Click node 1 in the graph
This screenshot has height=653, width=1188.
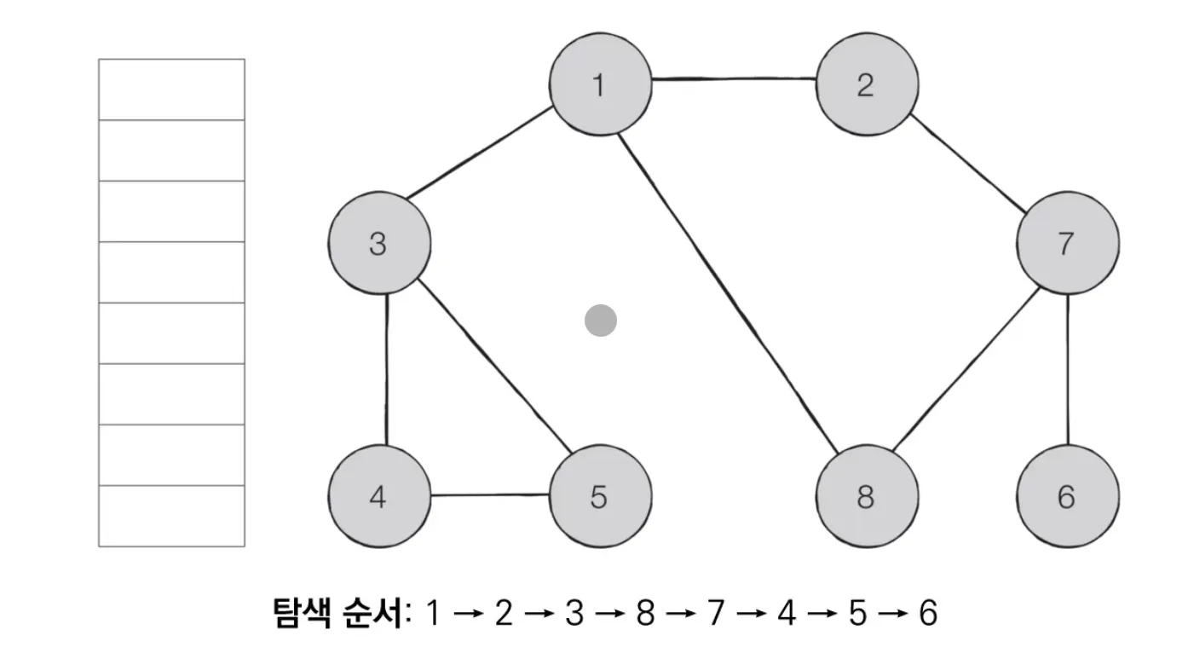[600, 85]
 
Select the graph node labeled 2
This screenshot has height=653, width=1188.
[867, 85]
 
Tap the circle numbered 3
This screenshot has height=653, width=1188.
[378, 245]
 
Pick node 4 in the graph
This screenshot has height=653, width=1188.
[378, 496]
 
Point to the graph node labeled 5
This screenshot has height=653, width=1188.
[600, 496]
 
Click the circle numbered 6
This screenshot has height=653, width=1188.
[1067, 496]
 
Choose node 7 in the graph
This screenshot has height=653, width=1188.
[1067, 245]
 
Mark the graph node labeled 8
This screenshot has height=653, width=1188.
[867, 496]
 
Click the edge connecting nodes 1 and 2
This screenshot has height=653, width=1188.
[733, 80]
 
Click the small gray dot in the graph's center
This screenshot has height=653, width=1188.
[601, 321]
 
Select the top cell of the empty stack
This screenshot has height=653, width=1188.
[171, 90]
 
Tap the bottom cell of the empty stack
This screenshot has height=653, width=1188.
[171, 516]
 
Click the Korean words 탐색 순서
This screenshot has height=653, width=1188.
[338, 613]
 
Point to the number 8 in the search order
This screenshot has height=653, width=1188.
[646, 613]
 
